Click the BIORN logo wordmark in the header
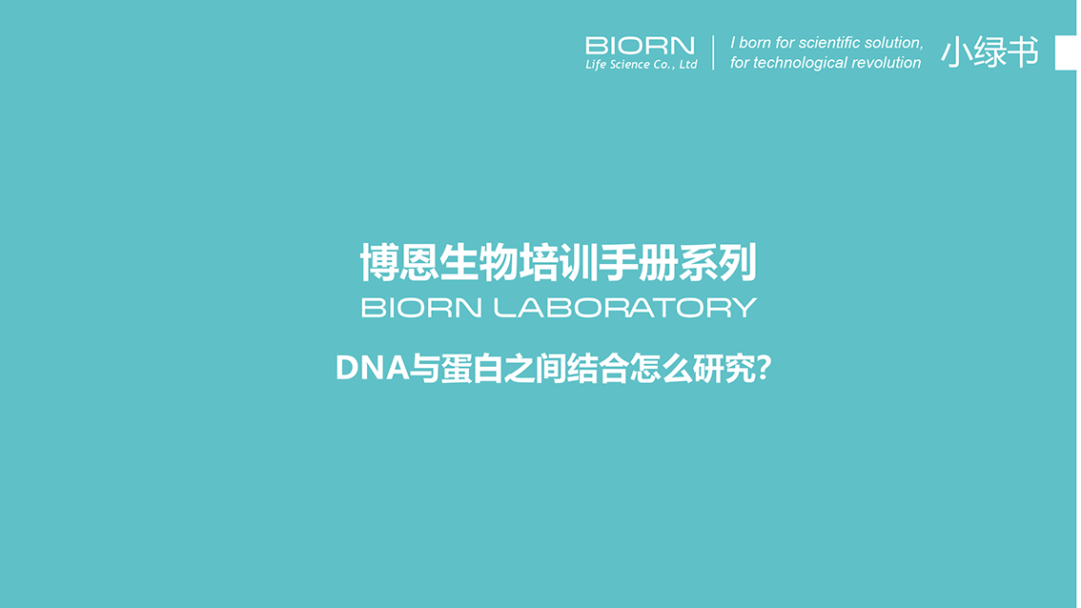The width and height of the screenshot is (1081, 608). coord(641,46)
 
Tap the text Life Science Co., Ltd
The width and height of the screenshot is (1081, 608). coord(641,64)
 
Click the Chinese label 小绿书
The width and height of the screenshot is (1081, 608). coord(989,52)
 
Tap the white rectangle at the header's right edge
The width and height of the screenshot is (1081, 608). coord(1066,52)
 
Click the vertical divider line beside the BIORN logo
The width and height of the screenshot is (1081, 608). coord(713,52)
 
